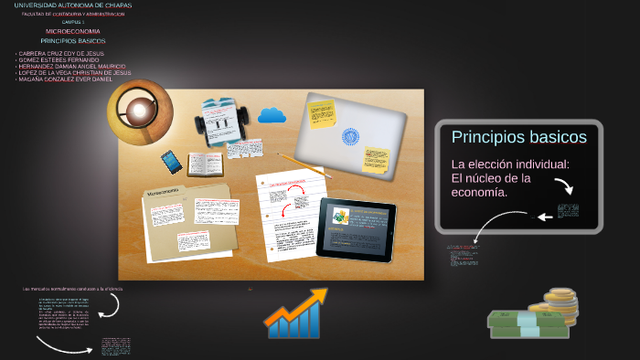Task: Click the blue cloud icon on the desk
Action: (272, 115)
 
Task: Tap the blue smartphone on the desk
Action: (172, 162)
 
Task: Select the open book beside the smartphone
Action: (205, 164)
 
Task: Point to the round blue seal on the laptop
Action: (350, 137)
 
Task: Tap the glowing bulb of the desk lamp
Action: (139, 111)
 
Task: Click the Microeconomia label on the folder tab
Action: (164, 193)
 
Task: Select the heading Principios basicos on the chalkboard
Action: (518, 137)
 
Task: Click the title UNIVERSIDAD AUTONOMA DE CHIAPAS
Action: (73, 5)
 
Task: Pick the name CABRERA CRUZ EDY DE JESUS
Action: (59, 54)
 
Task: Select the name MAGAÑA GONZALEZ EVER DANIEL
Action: (63, 79)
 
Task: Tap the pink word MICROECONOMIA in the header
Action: (73, 31)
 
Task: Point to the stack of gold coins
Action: (560, 303)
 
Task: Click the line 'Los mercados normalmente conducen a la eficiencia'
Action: (72, 289)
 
